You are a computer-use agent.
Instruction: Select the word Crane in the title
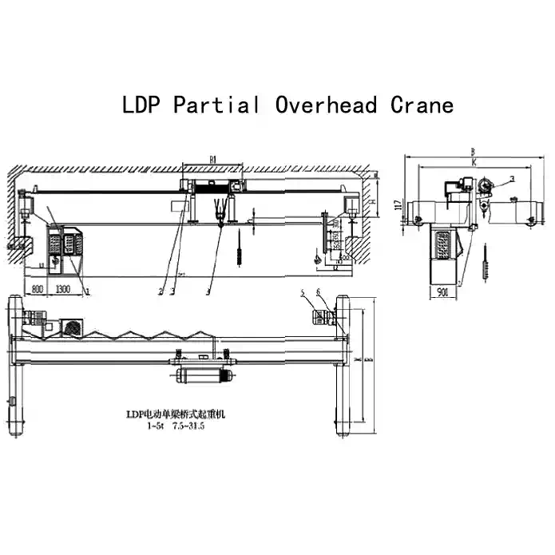coord(422,105)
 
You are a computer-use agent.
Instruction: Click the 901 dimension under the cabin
coord(442,292)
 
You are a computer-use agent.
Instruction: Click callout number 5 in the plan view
coord(303,294)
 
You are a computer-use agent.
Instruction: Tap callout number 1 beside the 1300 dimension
coord(86,292)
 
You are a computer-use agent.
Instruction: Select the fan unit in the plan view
coord(74,328)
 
